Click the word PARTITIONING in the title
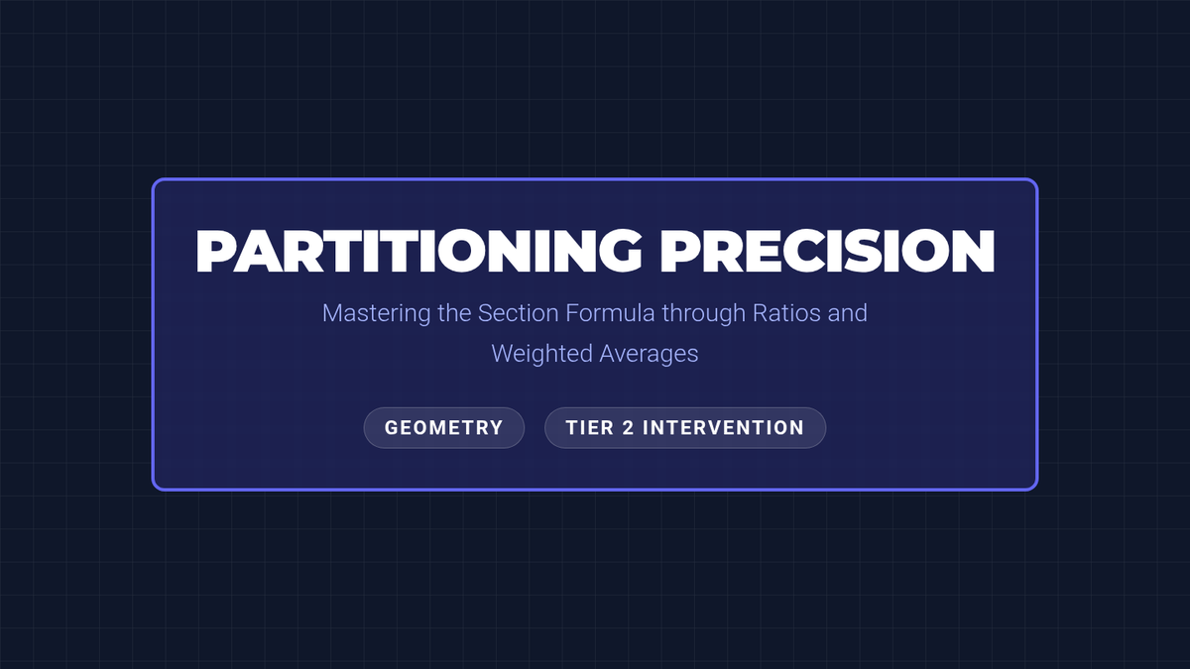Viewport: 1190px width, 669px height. pyautogui.click(x=418, y=251)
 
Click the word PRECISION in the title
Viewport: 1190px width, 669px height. pyautogui.click(x=827, y=251)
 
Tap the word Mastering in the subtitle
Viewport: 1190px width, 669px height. pyautogui.click(x=376, y=313)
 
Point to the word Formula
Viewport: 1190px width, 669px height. pyautogui.click(x=610, y=313)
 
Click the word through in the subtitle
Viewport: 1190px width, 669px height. pyautogui.click(x=704, y=313)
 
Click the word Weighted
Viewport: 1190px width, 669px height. pyautogui.click(x=541, y=354)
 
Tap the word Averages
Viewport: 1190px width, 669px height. pyautogui.click(x=649, y=354)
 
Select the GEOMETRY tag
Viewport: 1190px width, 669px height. pyautogui.click(x=444, y=428)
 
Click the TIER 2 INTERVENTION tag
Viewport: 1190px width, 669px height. pyautogui.click(x=685, y=428)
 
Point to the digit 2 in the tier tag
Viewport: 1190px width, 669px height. pyautogui.click(x=628, y=428)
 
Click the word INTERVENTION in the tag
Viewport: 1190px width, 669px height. pyautogui.click(x=724, y=428)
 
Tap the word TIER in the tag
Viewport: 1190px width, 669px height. pyautogui.click(x=590, y=428)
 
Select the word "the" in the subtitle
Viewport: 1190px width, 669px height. pyautogui.click(x=454, y=313)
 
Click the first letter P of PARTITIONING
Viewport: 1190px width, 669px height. pyautogui.click(x=214, y=251)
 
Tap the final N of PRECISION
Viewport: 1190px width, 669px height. pyautogui.click(x=973, y=251)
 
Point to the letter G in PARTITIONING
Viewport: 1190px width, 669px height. pyautogui.click(x=620, y=251)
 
